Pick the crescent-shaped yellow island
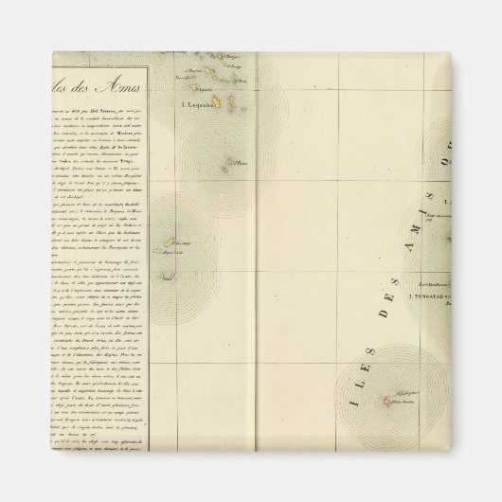click(167, 277)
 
